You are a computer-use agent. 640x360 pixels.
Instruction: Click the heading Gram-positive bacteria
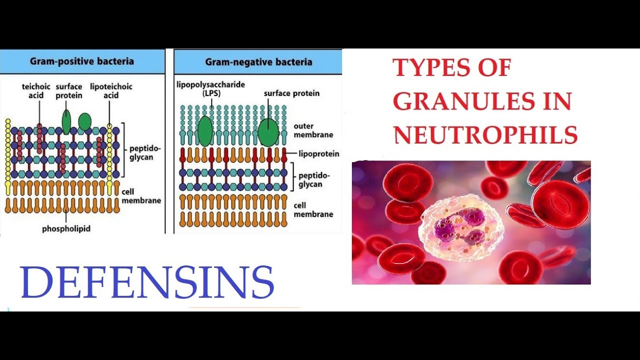82,61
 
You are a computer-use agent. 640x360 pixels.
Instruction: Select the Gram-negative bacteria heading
258,62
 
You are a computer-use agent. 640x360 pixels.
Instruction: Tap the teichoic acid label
33,90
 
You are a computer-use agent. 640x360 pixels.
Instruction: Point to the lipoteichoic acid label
111,90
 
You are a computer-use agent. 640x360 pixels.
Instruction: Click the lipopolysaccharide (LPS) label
210,88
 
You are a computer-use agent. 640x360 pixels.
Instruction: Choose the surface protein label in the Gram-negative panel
291,93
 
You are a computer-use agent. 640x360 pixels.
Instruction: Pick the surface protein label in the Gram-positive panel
69,90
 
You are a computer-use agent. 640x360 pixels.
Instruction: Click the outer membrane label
313,130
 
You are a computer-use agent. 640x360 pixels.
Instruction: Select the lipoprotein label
318,153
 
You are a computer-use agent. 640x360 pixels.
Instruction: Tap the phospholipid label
66,228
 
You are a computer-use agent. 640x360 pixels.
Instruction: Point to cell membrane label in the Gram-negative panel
313,209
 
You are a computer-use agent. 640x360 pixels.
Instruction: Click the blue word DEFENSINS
147,282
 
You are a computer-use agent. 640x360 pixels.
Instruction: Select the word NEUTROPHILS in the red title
485,135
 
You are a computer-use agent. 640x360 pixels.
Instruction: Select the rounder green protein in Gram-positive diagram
85,121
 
